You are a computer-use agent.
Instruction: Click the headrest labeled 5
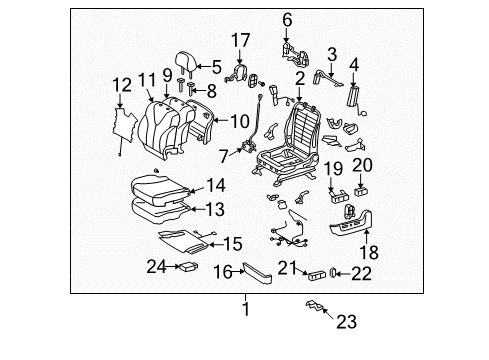(186, 67)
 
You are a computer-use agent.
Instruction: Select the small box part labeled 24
(186, 265)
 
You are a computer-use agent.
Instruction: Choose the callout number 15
(232, 242)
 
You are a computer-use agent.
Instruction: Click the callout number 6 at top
(287, 17)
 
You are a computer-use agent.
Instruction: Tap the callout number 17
(240, 40)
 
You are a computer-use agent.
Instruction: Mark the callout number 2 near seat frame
(299, 77)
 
